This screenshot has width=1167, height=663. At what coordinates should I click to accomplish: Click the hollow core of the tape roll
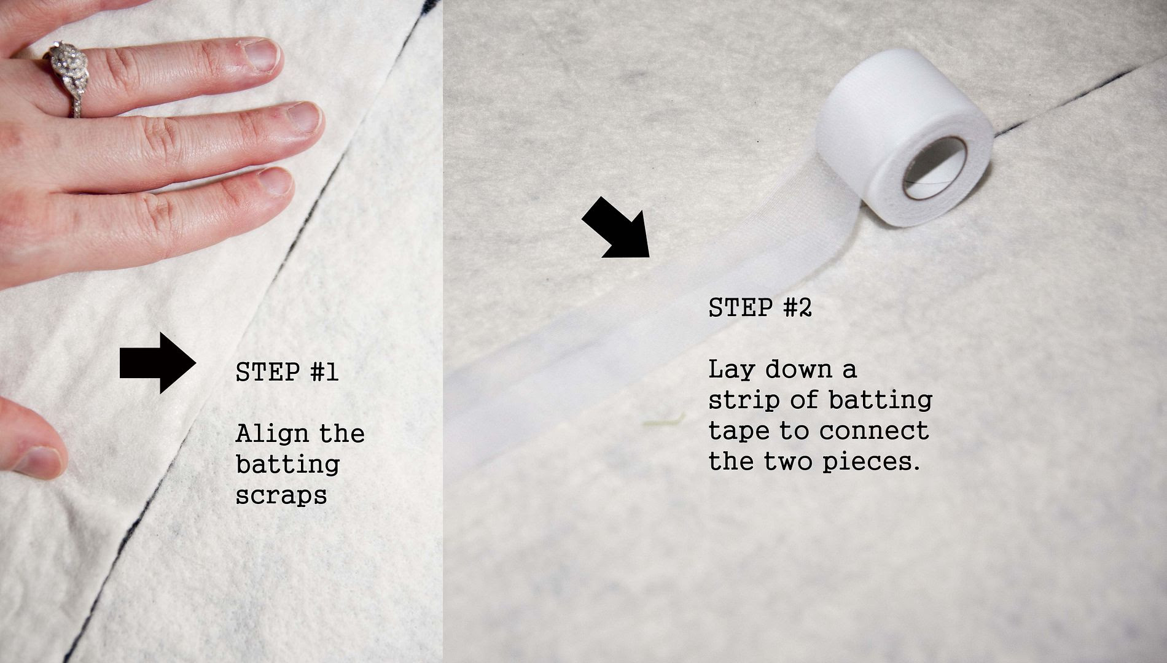935,168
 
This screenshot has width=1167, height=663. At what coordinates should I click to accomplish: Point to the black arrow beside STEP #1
158,363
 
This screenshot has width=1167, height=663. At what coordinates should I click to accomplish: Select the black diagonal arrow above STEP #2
616,227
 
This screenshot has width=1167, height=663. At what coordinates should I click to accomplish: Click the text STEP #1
287,372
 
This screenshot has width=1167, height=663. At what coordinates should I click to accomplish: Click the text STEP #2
760,307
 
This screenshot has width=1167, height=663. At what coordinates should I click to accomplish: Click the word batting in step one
287,464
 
